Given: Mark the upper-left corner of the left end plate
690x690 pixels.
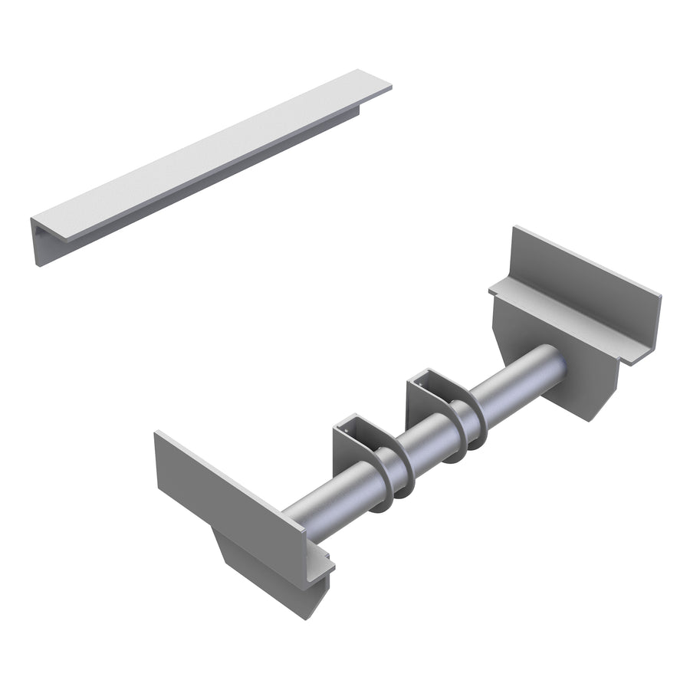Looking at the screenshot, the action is click(157, 435).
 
